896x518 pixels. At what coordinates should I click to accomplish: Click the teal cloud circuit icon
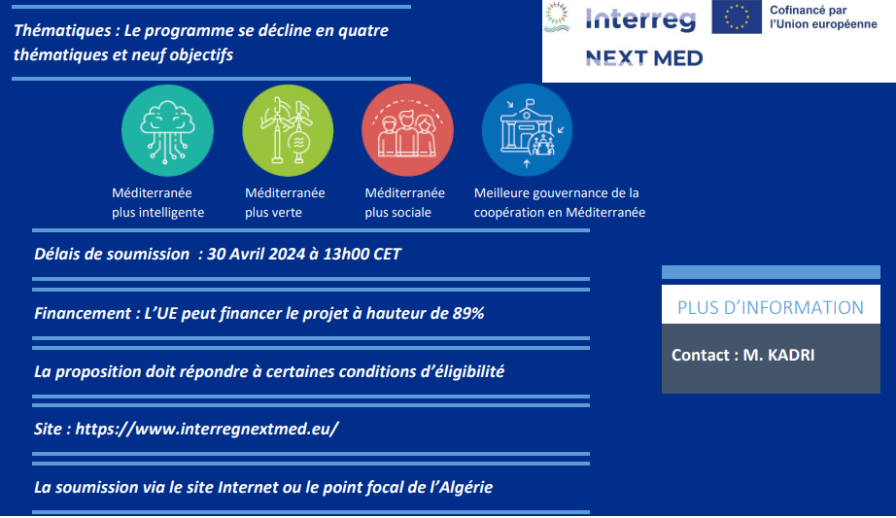(167, 131)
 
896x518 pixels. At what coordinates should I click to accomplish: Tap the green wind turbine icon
(288, 131)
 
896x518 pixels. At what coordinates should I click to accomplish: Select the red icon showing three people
(407, 130)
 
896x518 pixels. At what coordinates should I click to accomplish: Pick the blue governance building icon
(527, 130)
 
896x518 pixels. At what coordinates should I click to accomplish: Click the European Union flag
(737, 17)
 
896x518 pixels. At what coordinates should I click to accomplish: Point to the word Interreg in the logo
(640, 19)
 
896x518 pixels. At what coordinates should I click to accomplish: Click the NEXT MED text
(644, 57)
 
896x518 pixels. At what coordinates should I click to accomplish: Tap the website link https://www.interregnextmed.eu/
(207, 429)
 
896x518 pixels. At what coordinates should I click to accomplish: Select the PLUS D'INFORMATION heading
(771, 308)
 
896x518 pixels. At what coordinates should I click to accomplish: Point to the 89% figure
(468, 313)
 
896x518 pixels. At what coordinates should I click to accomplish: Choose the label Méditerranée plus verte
(285, 202)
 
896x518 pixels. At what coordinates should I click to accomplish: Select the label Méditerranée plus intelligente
(157, 202)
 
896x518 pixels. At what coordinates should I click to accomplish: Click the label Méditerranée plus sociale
(404, 202)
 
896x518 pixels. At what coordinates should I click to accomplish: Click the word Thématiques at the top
(62, 30)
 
